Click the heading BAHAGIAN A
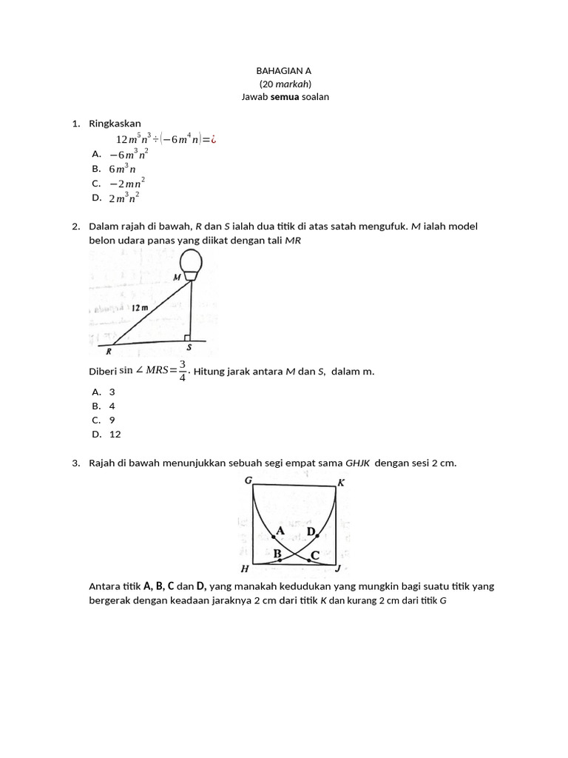pos(284,71)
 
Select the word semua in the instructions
pos(287,97)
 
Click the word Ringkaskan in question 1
pos(115,124)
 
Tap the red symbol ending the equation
pos(213,139)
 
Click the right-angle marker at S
pos(188,338)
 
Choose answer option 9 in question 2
pos(112,420)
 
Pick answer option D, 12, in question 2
pos(115,435)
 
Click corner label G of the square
pos(248,480)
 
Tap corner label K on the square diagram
pos(341,483)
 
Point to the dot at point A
pos(273,537)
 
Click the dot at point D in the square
pos(318,535)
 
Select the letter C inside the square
pos(315,554)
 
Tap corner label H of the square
pos(245,568)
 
